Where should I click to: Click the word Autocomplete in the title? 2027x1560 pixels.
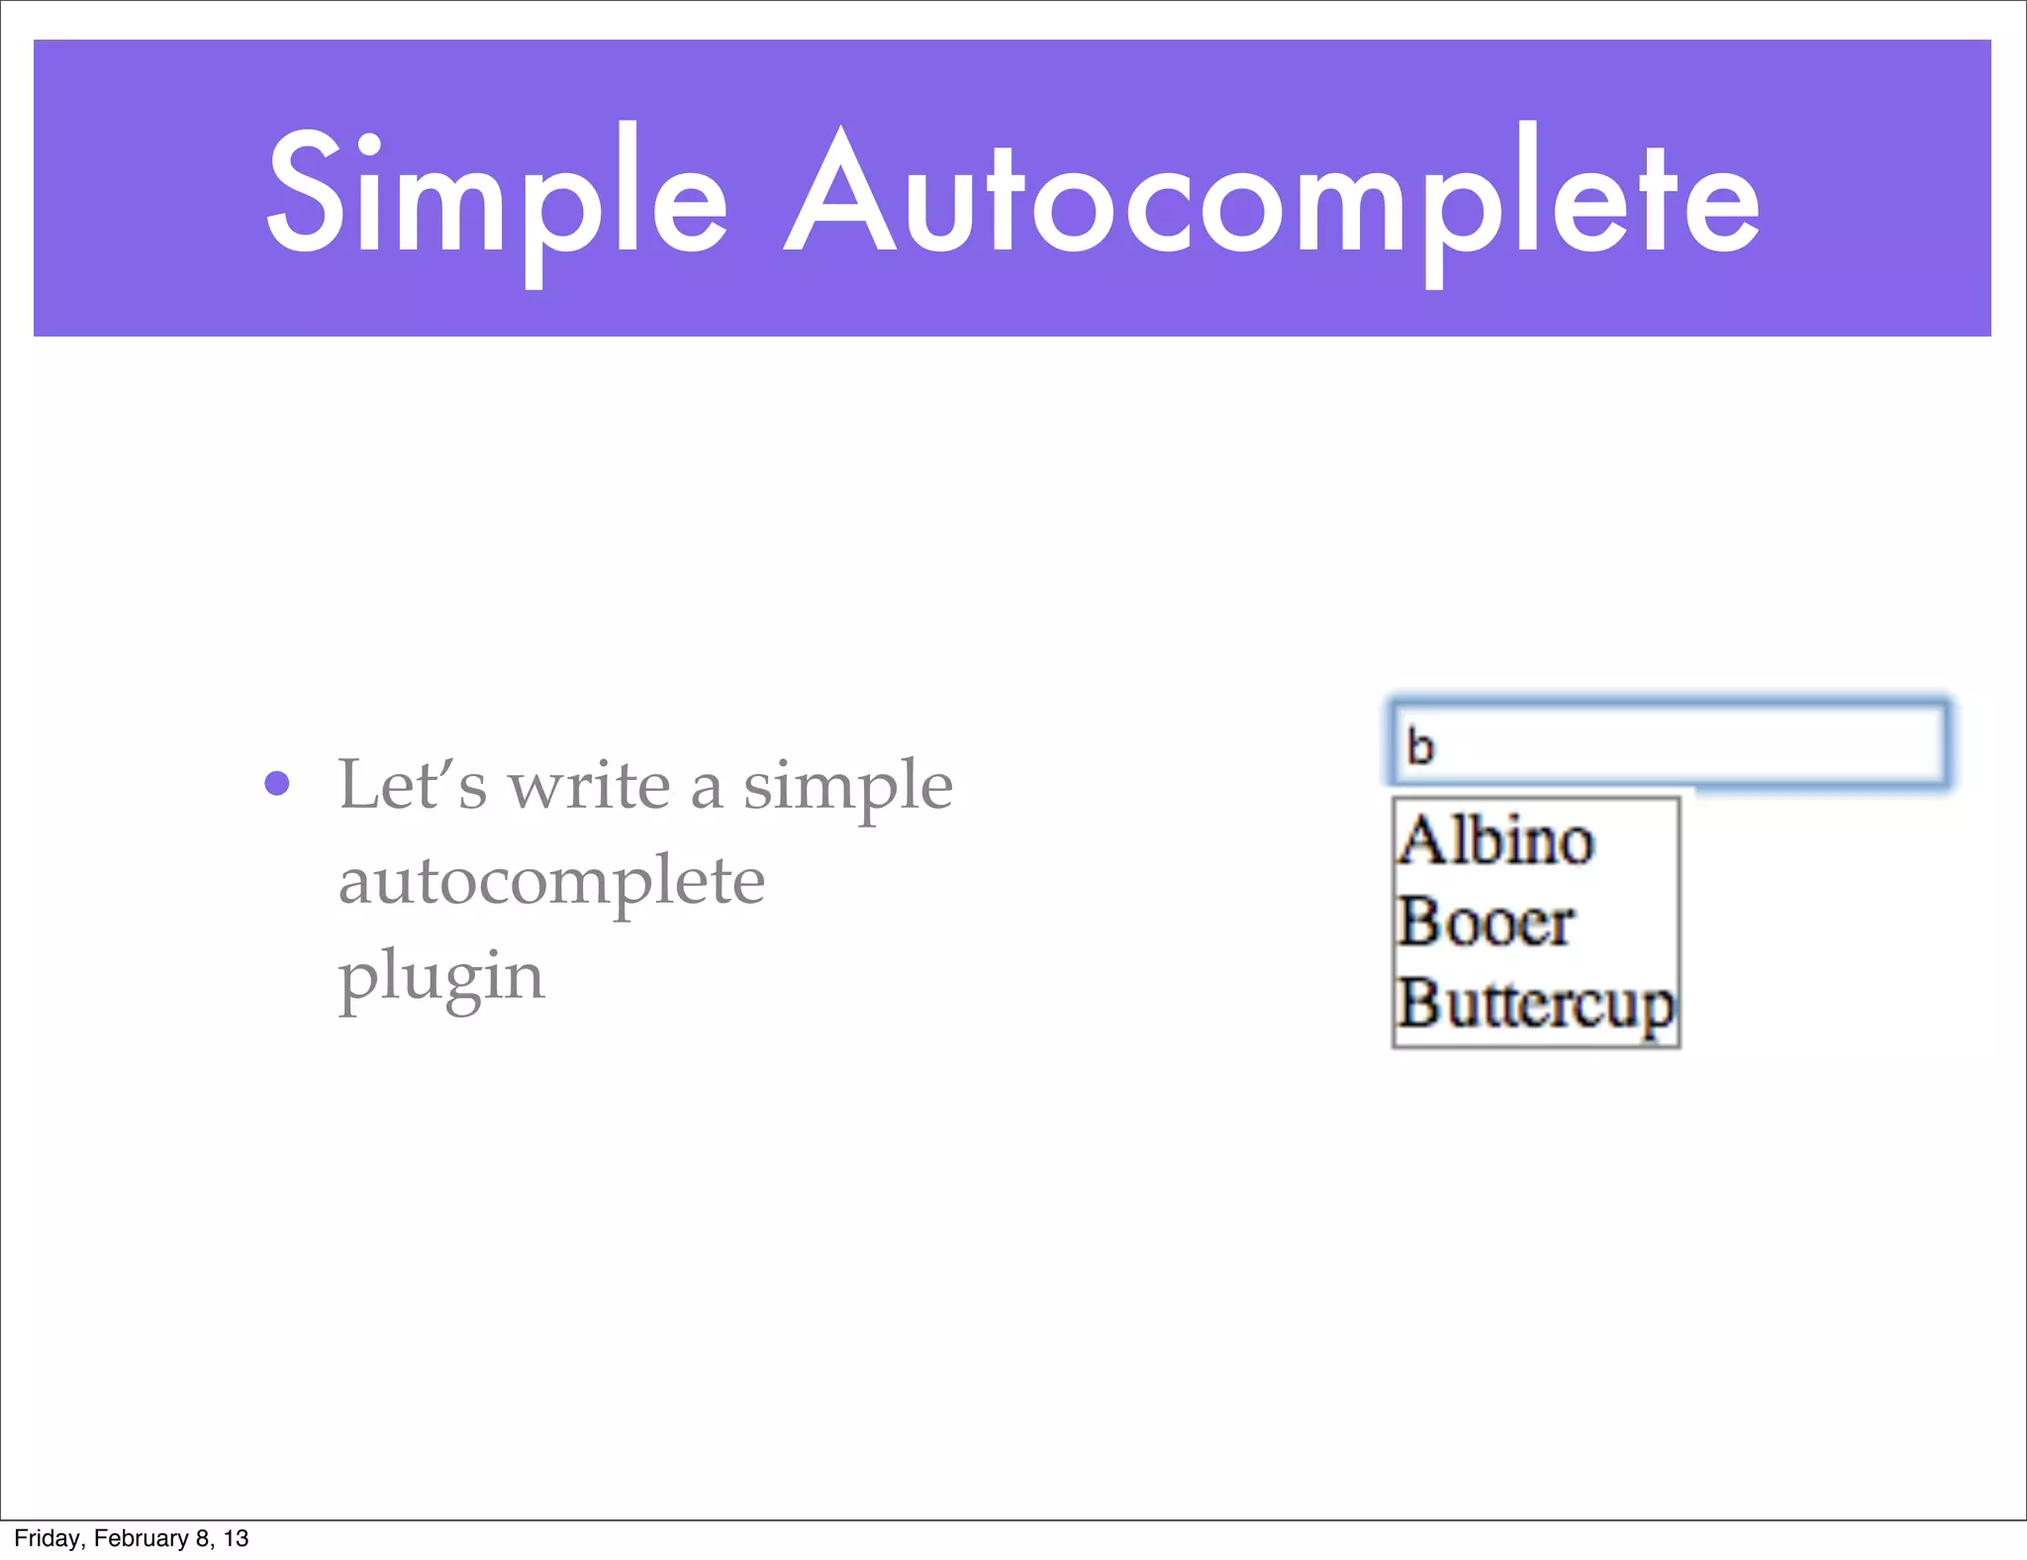[x=1273, y=198]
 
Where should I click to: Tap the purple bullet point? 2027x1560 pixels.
[x=277, y=784]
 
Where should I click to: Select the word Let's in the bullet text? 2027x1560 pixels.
[x=413, y=784]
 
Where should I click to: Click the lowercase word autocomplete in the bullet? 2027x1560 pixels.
[x=551, y=881]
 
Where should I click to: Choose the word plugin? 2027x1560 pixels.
[x=441, y=978]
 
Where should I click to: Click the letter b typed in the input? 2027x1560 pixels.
[x=1420, y=747]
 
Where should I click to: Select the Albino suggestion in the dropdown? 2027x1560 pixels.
[x=1496, y=841]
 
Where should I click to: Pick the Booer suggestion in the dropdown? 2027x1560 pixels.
[x=1485, y=923]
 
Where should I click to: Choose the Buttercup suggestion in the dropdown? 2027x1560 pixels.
[x=1535, y=1006]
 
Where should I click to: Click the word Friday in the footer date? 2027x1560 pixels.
[x=46, y=1538]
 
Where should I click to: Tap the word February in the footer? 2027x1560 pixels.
[x=141, y=1538]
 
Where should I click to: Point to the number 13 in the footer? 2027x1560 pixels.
[x=236, y=1538]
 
